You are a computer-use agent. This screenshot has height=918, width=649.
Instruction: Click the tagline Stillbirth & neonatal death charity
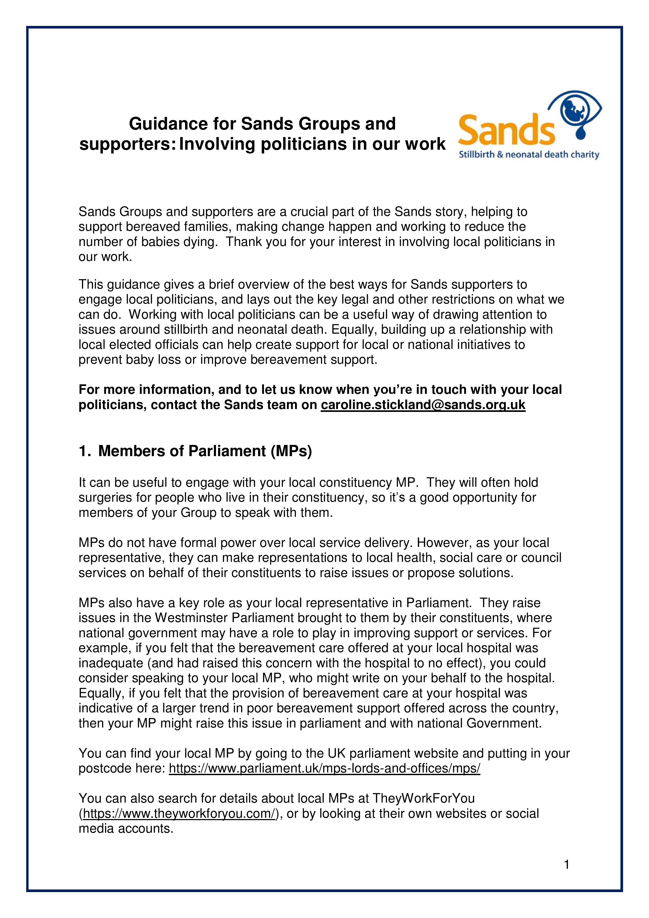click(529, 155)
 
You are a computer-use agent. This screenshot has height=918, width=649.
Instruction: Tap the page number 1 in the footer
click(566, 865)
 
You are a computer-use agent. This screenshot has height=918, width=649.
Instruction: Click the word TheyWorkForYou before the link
click(424, 798)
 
